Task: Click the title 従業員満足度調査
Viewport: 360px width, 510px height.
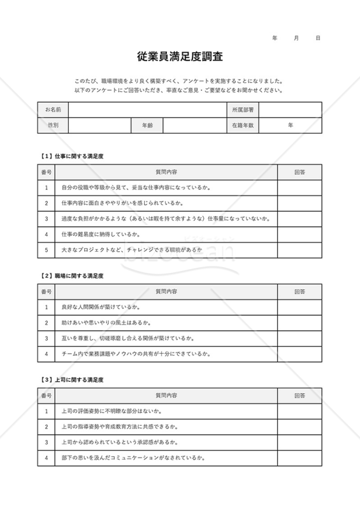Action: [x=180, y=57]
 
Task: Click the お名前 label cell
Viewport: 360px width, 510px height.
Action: [x=53, y=110]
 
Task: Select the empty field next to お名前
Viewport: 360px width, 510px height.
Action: [x=147, y=110]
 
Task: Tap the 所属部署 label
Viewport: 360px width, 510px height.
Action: [x=243, y=110]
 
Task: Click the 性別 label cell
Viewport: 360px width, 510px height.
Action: [x=53, y=126]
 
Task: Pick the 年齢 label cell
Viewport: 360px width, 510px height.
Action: [x=147, y=126]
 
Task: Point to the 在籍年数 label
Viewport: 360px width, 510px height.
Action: [x=243, y=126]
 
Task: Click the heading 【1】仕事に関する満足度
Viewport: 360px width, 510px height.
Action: [x=71, y=156]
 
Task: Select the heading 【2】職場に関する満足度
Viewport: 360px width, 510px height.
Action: [x=71, y=276]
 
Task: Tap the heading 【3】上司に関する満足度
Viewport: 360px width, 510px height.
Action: [x=71, y=380]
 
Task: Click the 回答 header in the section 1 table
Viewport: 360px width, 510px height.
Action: [x=299, y=172]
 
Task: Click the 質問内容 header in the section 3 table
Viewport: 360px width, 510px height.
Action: [x=166, y=397]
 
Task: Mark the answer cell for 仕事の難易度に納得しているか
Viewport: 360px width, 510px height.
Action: [x=299, y=235]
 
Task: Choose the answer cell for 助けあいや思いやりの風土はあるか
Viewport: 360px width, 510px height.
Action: [x=299, y=323]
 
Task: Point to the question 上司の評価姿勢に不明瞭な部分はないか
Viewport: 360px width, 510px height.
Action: [x=111, y=411]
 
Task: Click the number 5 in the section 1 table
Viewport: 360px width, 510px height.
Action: [x=47, y=250]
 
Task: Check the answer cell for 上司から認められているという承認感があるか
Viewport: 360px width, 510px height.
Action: [x=299, y=442]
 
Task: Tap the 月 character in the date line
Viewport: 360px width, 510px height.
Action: [x=296, y=39]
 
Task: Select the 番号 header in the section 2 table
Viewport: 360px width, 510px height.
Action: [x=47, y=292]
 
